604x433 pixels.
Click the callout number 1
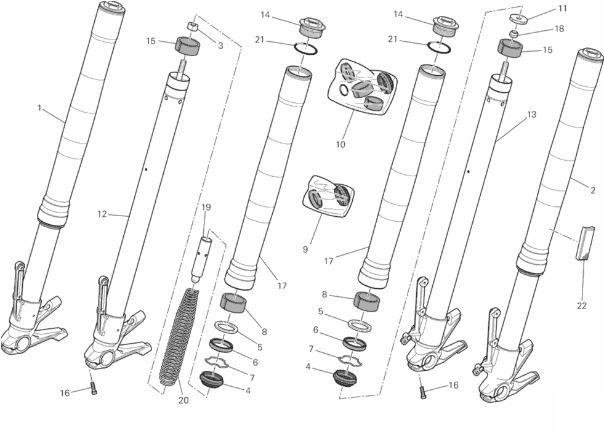tap(39, 108)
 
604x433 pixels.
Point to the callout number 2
tap(593, 190)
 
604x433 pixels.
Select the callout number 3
tap(220, 46)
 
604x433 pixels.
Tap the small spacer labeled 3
tap(192, 26)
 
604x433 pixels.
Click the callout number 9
tap(305, 249)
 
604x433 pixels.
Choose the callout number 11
tap(563, 8)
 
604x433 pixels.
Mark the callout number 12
tap(102, 214)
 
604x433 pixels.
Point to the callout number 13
tap(531, 115)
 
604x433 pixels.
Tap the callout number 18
tap(559, 28)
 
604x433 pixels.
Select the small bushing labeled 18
tap(513, 34)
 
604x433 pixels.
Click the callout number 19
tap(206, 207)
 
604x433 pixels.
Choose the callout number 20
tap(183, 400)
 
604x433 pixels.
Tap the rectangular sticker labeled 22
tap(582, 243)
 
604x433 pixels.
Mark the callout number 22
tap(582, 306)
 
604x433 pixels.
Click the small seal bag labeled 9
tap(328, 196)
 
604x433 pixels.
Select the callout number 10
tap(340, 145)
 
